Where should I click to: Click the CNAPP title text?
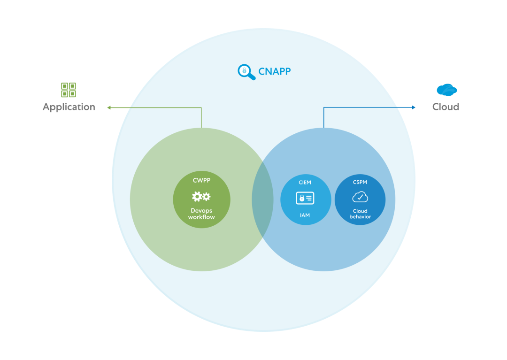click(275, 71)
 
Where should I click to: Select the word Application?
click(69, 107)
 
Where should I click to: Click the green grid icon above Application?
click(69, 90)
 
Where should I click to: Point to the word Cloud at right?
click(446, 107)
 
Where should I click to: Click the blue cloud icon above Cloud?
click(446, 90)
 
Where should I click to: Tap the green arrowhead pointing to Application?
click(109, 107)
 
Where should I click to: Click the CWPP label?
click(201, 180)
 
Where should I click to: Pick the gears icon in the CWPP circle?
click(201, 197)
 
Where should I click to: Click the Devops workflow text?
click(201, 214)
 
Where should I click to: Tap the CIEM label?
click(305, 183)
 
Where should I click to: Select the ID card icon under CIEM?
click(305, 198)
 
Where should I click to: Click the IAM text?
click(305, 215)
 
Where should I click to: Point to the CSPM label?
click(360, 182)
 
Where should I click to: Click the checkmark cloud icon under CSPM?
click(360, 197)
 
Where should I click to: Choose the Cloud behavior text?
click(360, 214)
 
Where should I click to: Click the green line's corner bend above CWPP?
click(201, 107)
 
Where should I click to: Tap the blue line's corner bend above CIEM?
click(324, 107)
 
